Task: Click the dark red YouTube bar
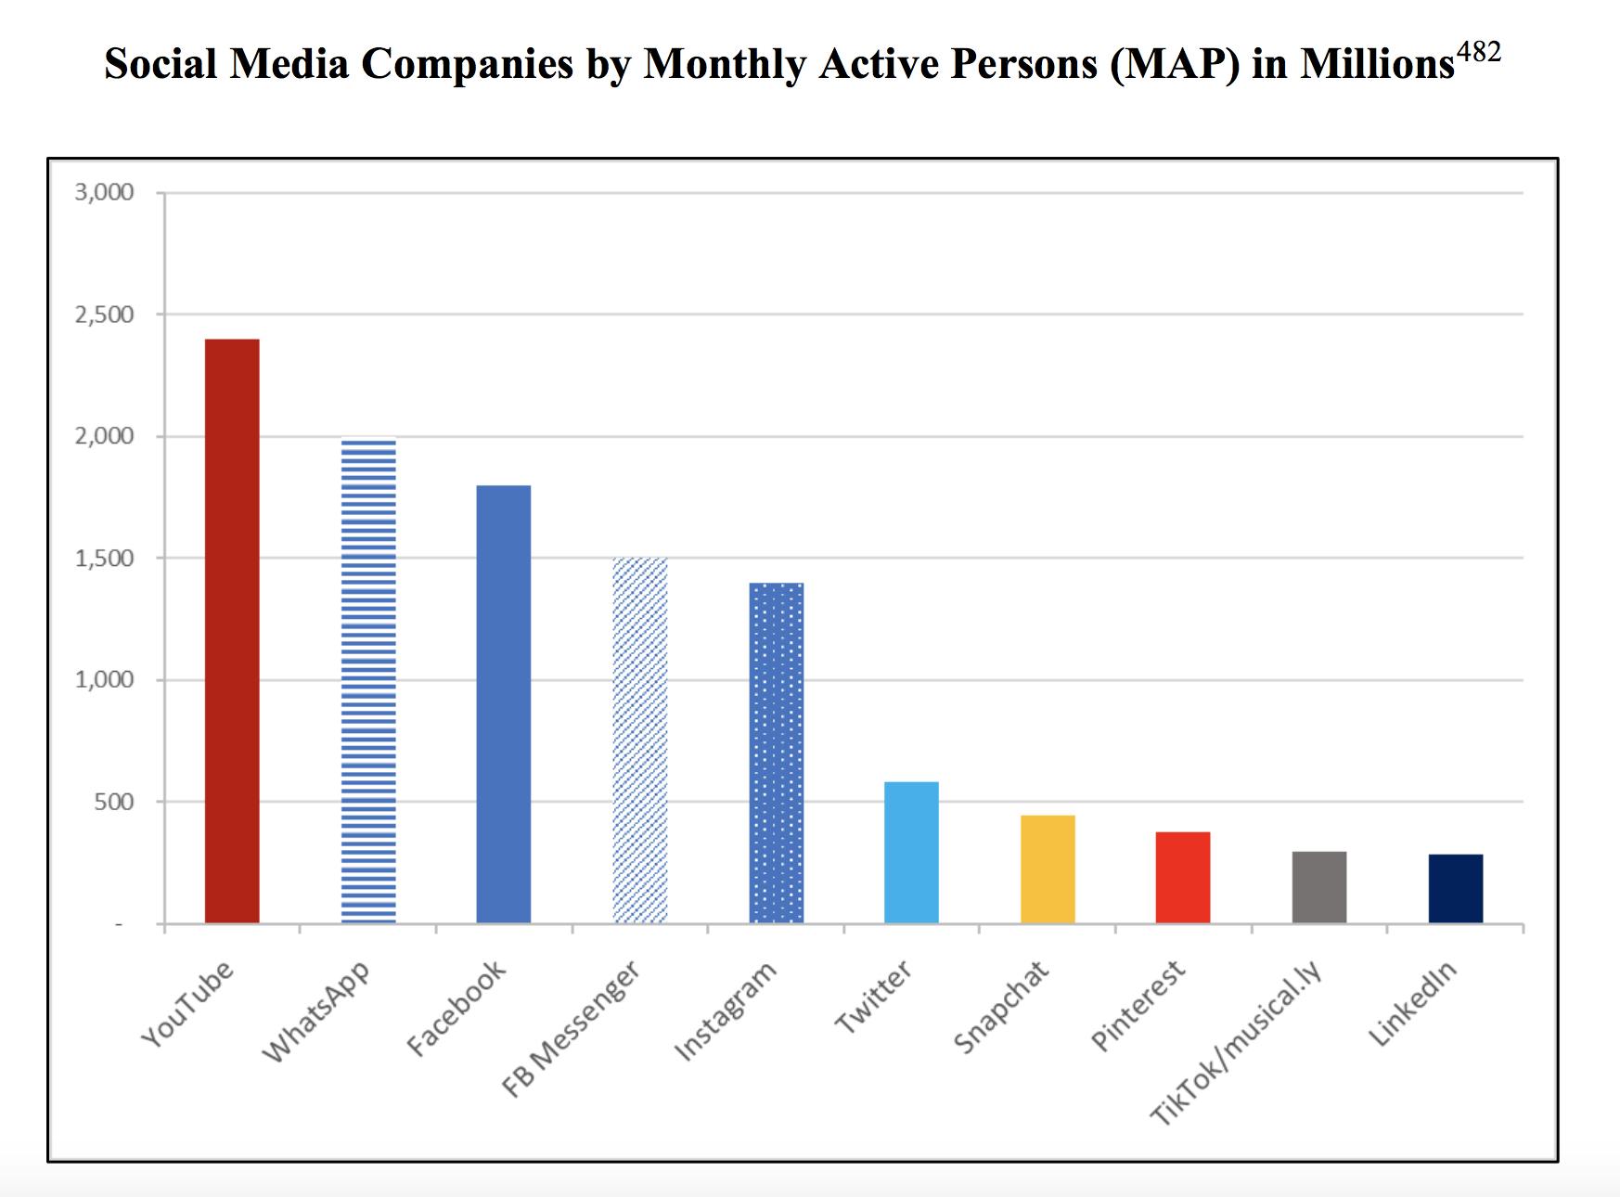[x=232, y=631]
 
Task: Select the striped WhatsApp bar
[x=368, y=682]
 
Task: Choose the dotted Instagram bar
[x=776, y=753]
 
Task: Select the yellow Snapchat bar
[x=1048, y=869]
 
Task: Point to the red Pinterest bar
[x=1183, y=877]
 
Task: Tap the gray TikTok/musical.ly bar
[x=1318, y=887]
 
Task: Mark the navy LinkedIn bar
[x=1455, y=888]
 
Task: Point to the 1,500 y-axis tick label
[x=106, y=559]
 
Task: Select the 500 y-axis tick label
[x=114, y=802]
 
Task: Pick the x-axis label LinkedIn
[x=1412, y=1005]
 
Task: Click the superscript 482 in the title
[x=1479, y=52]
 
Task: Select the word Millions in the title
[x=1377, y=64]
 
